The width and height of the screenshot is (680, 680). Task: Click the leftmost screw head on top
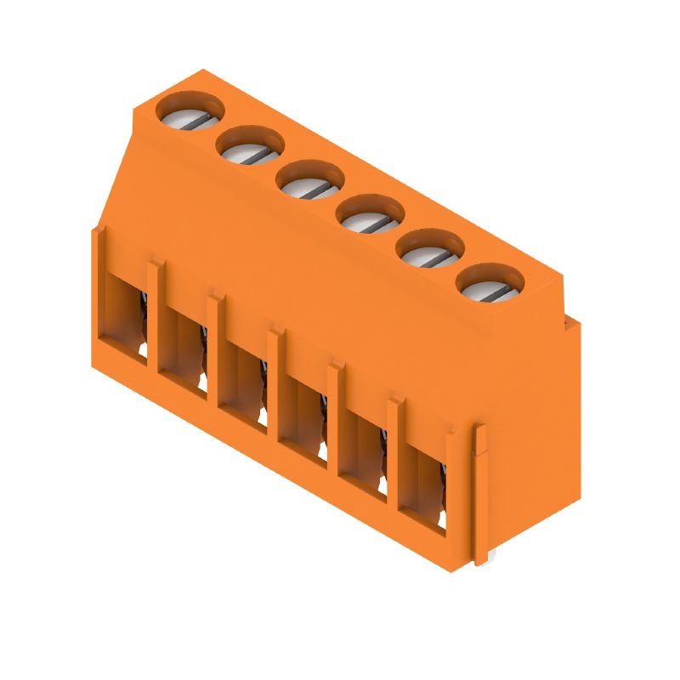click(191, 113)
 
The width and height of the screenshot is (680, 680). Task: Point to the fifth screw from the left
click(431, 247)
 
